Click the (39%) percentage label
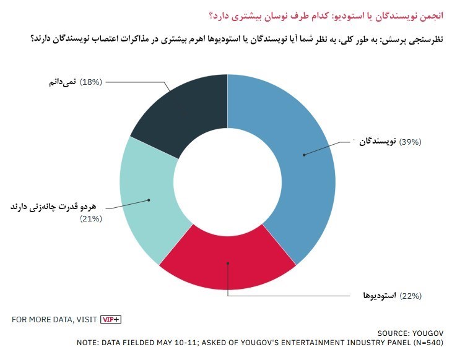point(411,142)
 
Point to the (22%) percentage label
point(411,296)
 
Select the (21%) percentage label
point(91,219)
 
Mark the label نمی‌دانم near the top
point(60,82)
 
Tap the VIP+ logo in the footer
point(111,319)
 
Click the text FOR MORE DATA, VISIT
point(54,319)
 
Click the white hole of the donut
point(227,179)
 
